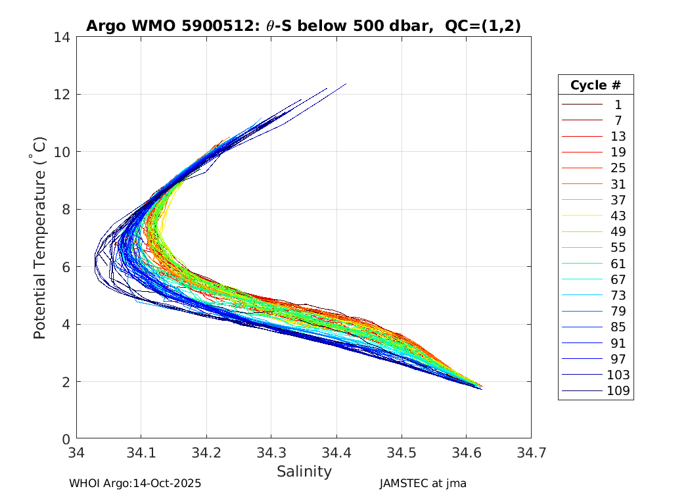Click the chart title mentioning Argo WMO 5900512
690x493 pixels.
tap(304, 26)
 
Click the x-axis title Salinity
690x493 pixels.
tap(304, 471)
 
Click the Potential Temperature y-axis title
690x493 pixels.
tap(40, 237)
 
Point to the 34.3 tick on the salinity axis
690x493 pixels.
tap(271, 453)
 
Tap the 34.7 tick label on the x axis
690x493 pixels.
tap(531, 453)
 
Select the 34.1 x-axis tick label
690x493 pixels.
tap(141, 453)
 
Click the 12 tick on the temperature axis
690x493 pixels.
tap(63, 95)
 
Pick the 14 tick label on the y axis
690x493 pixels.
tap(63, 37)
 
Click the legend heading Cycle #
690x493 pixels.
tap(595, 85)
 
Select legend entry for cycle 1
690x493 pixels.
tap(618, 105)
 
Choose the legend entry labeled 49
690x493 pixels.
tap(618, 232)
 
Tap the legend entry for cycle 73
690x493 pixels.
tap(618, 296)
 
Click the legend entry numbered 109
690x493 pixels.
tap(618, 391)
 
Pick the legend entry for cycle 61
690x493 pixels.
tap(618, 264)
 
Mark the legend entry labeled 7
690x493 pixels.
tap(618, 120)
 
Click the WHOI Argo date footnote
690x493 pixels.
tap(135, 483)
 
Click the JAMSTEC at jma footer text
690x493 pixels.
tap(423, 483)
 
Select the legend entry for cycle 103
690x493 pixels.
tap(618, 375)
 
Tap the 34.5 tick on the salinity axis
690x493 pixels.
tap(401, 453)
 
